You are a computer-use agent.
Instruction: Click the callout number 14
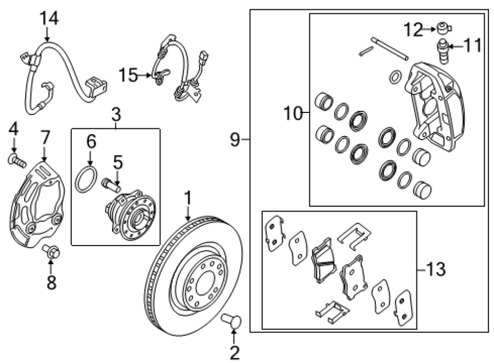pyautogui.click(x=49, y=18)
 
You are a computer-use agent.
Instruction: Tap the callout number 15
pyautogui.click(x=128, y=76)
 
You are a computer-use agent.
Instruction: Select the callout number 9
pyautogui.click(x=235, y=139)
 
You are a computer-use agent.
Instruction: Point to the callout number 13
pyautogui.click(x=436, y=269)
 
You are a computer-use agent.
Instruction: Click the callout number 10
pyautogui.click(x=293, y=113)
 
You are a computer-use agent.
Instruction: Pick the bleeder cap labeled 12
pyautogui.click(x=444, y=28)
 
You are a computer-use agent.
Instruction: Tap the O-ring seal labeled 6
pyautogui.click(x=86, y=180)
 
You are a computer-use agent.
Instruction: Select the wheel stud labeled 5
pyautogui.click(x=111, y=185)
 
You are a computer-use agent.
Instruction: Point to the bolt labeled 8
pyautogui.click(x=52, y=251)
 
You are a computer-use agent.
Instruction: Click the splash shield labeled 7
pyautogui.click(x=38, y=205)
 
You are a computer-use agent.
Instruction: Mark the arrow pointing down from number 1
pyautogui.click(x=188, y=212)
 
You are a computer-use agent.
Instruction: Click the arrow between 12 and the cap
pyautogui.click(x=429, y=29)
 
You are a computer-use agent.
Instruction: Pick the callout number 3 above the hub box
pyautogui.click(x=116, y=115)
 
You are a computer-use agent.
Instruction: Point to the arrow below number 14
pyautogui.click(x=47, y=35)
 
